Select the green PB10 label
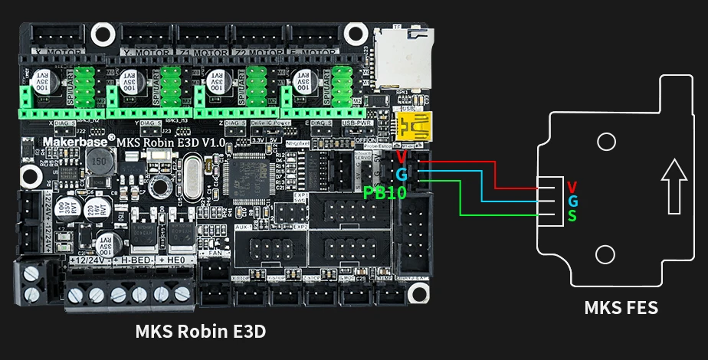tap(385, 193)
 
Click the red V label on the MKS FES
tap(572, 187)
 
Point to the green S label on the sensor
tap(572, 216)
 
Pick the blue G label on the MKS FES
tap(572, 201)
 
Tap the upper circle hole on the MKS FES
tap(606, 142)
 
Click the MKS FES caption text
tap(621, 308)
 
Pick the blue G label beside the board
tap(402, 175)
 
